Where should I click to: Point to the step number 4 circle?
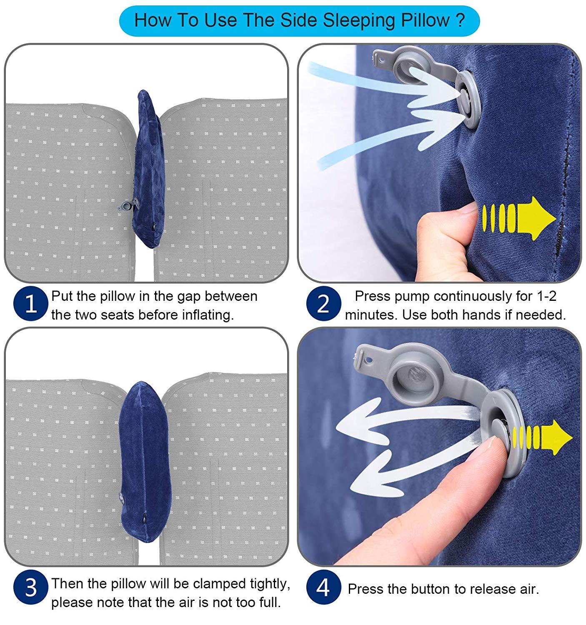[323, 588]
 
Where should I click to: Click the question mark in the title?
[460, 20]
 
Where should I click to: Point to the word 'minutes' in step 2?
[371, 315]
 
